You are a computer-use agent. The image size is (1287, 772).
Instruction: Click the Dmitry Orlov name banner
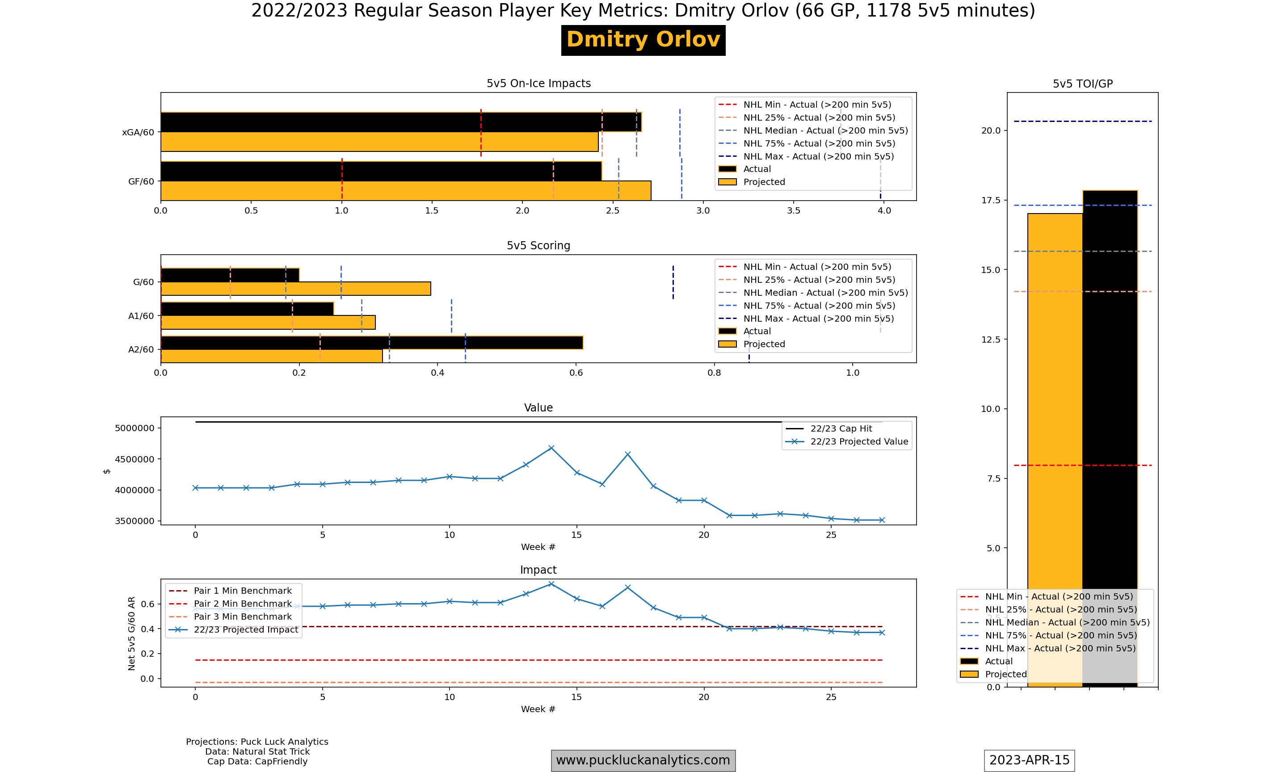643,40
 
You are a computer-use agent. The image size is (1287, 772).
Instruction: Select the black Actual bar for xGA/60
401,122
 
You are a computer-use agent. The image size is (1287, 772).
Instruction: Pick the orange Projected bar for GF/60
406,191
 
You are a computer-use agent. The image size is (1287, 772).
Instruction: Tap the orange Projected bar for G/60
295,289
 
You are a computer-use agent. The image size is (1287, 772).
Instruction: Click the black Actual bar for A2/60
372,343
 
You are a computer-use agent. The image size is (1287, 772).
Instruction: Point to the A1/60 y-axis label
141,316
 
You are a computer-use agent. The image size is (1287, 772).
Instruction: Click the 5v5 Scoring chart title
538,246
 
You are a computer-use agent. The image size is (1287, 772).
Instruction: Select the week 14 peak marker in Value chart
551,448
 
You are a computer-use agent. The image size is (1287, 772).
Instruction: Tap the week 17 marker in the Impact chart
628,587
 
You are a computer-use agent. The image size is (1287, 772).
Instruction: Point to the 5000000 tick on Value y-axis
135,428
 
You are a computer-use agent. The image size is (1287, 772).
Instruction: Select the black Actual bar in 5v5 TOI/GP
1110,439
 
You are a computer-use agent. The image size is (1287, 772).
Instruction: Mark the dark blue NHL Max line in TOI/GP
1083,121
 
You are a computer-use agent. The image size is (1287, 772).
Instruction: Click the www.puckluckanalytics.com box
643,760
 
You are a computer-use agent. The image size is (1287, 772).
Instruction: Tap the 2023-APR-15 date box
1030,760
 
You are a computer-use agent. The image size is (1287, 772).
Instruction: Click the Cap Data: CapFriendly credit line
257,762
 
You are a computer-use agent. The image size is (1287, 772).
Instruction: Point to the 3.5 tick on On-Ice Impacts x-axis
794,211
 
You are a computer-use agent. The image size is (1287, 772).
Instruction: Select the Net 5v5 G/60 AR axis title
132,633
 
